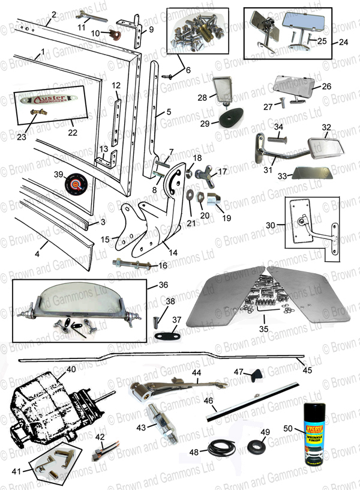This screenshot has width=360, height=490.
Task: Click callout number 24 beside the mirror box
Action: click(343, 42)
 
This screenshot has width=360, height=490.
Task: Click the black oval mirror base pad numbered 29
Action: click(231, 117)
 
